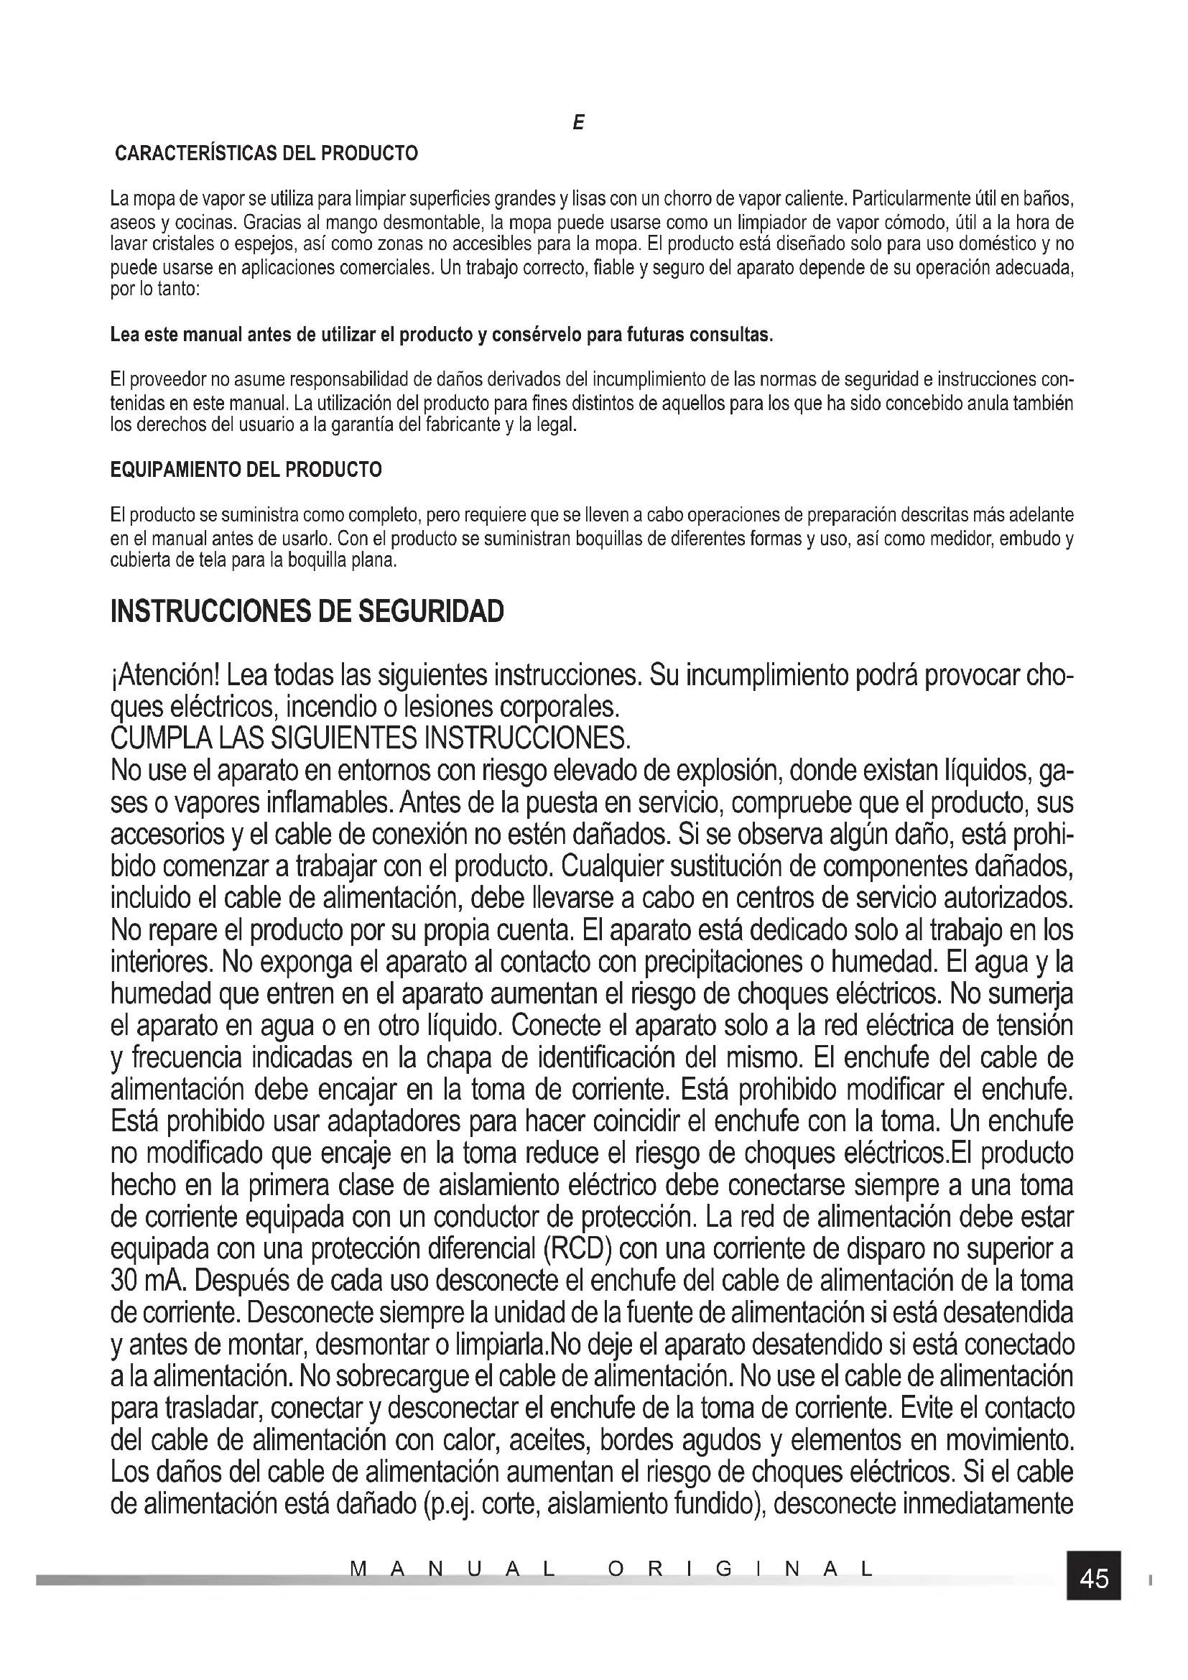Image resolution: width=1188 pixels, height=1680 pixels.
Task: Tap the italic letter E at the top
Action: coord(578,124)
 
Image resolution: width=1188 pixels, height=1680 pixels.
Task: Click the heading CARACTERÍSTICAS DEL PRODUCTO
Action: coord(267,154)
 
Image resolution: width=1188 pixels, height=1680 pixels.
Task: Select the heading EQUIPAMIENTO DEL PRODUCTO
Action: coord(246,470)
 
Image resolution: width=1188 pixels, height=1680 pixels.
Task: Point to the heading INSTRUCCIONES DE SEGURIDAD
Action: coord(307,612)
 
